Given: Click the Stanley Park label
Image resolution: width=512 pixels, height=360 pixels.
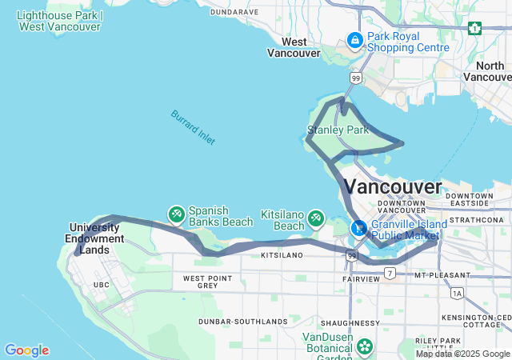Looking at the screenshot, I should pyautogui.click(x=338, y=129).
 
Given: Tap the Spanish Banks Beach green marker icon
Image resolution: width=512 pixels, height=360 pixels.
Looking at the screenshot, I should pyautogui.click(x=176, y=214).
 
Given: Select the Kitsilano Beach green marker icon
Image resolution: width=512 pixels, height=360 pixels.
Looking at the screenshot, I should pyautogui.click(x=317, y=218).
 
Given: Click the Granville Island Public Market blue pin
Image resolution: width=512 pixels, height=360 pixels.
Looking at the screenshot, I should pyautogui.click(x=360, y=228).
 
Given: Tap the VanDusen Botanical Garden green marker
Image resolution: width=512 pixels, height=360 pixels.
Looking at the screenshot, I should pyautogui.click(x=366, y=346).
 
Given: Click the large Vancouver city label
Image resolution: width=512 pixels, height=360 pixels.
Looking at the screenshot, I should pyautogui.click(x=393, y=187).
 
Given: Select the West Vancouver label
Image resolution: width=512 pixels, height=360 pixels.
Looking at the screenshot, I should pyautogui.click(x=294, y=47).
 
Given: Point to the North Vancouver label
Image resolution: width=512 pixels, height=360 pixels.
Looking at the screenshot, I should pyautogui.click(x=489, y=71).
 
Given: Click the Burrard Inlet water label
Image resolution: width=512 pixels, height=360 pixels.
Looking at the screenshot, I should pyautogui.click(x=193, y=127).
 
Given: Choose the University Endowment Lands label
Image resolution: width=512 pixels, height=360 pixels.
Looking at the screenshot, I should pyautogui.click(x=97, y=238).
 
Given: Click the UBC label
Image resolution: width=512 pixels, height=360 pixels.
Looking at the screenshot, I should pyautogui.click(x=102, y=285).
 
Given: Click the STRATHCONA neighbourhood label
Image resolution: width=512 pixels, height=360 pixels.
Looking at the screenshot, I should pyautogui.click(x=477, y=219).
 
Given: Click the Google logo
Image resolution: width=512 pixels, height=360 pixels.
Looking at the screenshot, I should pyautogui.click(x=26, y=350).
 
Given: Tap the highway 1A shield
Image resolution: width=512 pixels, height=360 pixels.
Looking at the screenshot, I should pyautogui.click(x=457, y=294).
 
